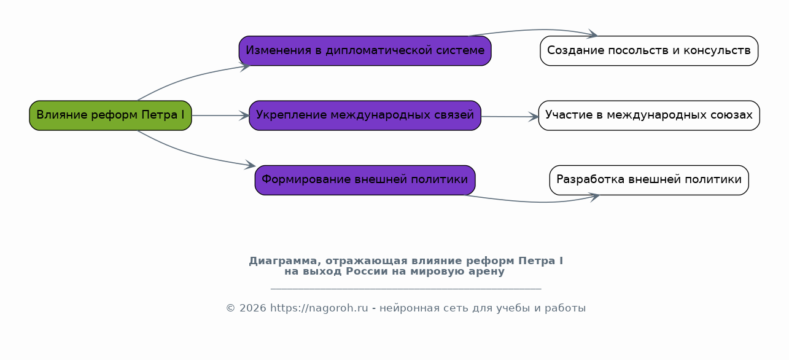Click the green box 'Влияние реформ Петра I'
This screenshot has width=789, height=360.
click(111, 115)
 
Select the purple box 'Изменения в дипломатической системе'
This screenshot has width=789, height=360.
click(365, 51)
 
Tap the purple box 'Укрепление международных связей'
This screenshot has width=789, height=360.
click(365, 115)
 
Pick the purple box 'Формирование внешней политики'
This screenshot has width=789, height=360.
click(365, 181)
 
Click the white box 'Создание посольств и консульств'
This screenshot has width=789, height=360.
click(649, 51)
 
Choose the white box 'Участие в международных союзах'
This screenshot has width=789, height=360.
click(649, 115)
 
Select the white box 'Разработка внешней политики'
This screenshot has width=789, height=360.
click(649, 181)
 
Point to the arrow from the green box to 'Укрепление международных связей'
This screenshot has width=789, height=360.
click(220, 115)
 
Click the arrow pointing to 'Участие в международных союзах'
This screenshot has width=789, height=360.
click(510, 117)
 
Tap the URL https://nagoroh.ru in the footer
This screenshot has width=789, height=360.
click(319, 308)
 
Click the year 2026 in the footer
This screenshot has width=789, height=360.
click(252, 308)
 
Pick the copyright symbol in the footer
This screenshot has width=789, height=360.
click(230, 308)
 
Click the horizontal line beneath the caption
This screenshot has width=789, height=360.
click(406, 289)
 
